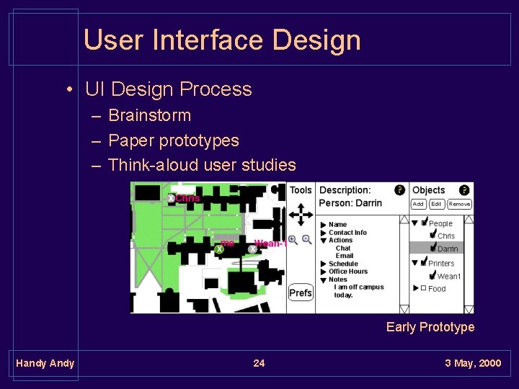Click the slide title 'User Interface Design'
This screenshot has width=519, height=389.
pyautogui.click(x=222, y=40)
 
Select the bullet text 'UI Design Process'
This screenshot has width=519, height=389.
pyautogui.click(x=168, y=89)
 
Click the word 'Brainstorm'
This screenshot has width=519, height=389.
pyautogui.click(x=149, y=115)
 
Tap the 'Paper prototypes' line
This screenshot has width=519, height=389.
pyautogui.click(x=173, y=140)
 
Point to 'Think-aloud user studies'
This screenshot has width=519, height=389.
pyautogui.click(x=202, y=165)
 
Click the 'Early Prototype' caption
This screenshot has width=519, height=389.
pyautogui.click(x=430, y=327)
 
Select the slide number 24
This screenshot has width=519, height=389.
pyautogui.click(x=259, y=363)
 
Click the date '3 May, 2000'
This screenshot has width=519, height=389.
pyautogui.click(x=473, y=363)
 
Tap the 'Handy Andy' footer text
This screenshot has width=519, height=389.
pyautogui.click(x=45, y=363)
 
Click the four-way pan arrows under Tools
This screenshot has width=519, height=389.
pyautogui.click(x=301, y=214)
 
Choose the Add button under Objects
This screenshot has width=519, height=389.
pyautogui.click(x=418, y=204)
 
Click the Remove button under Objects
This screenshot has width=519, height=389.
pyautogui.click(x=459, y=204)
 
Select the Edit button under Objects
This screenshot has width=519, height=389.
pyautogui.click(x=436, y=204)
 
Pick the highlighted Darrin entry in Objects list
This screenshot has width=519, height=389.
pyautogui.click(x=447, y=249)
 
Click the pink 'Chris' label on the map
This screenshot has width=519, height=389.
pyautogui.click(x=187, y=198)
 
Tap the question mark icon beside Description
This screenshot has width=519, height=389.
pyautogui.click(x=399, y=190)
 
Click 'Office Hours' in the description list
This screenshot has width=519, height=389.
pyautogui.click(x=348, y=272)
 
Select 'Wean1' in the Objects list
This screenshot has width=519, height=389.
pyautogui.click(x=448, y=276)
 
